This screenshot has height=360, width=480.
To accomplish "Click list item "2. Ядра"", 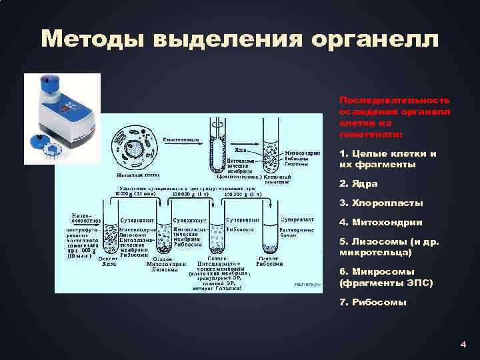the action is pos(359,183).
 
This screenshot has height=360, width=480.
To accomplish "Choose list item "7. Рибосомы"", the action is pos(373,302).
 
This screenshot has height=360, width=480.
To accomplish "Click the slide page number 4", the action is pos(463,345).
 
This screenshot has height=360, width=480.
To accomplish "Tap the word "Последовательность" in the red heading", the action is pos(394,99).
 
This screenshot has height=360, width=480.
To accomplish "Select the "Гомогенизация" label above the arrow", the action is pos(181,140).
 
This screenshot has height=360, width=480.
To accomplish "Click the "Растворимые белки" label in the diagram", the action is pos(295,233).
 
